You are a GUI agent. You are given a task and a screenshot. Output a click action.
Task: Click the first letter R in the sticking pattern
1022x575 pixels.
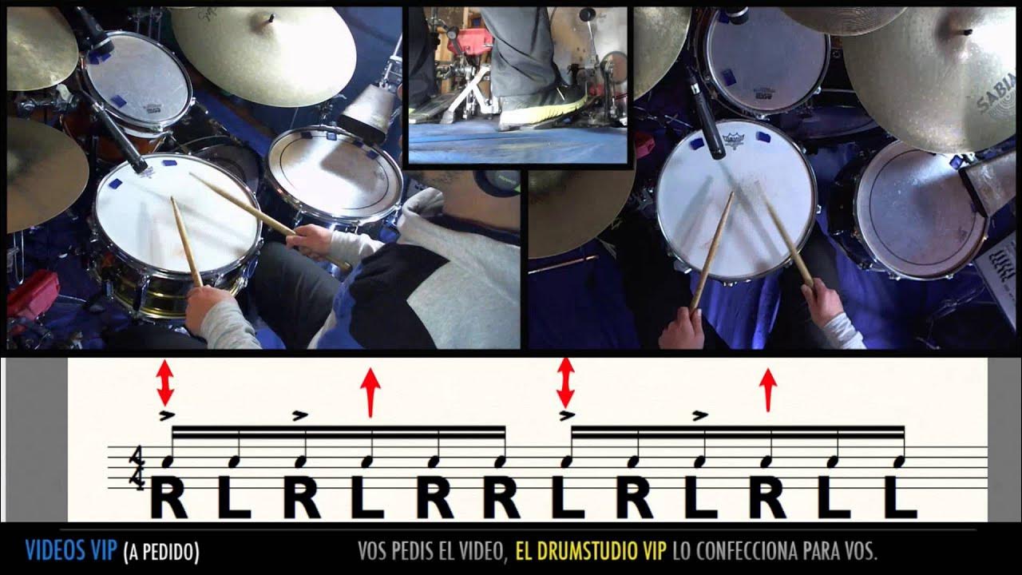click(x=168, y=496)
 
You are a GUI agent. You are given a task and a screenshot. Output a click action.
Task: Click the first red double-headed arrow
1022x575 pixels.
click(x=164, y=383)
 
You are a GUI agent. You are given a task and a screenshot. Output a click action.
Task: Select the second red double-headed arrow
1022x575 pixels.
click(x=565, y=383)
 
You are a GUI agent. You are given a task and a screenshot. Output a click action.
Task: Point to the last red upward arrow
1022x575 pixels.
click(x=768, y=389)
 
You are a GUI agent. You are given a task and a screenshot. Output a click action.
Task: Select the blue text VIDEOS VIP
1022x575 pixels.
click(x=71, y=550)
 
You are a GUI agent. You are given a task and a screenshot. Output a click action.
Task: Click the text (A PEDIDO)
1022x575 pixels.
click(x=161, y=551)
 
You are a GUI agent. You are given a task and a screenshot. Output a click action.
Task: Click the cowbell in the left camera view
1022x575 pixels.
click(x=368, y=112)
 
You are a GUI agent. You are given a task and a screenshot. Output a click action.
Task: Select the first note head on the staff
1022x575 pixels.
click(x=168, y=462)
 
